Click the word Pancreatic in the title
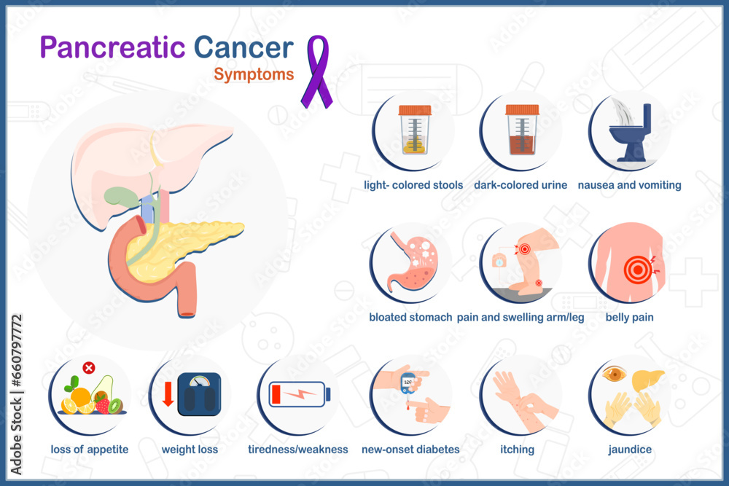[112, 47]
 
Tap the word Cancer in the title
[243, 47]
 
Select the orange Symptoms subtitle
[254, 74]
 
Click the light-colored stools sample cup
[414, 131]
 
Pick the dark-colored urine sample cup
[522, 131]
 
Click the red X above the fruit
[89, 368]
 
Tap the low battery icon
[299, 393]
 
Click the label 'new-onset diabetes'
[410, 450]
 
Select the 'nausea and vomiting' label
[629, 185]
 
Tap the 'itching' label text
[517, 450]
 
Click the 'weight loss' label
[190, 450]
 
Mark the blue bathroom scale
[199, 394]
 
